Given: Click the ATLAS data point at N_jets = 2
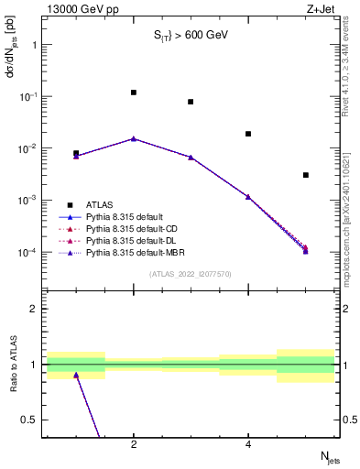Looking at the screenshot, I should pyautogui.click(x=134, y=93).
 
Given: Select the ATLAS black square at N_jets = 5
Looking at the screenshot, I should pyautogui.click(x=306, y=175).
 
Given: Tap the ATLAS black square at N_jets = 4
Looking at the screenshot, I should pyautogui.click(x=248, y=134).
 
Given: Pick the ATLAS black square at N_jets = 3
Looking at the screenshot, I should pyautogui.click(x=191, y=102).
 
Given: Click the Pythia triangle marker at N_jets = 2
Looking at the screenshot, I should pyautogui.click(x=134, y=139).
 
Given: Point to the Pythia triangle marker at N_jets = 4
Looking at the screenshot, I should pyautogui.click(x=248, y=196).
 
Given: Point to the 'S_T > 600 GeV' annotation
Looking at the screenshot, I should pyautogui.click(x=190, y=36).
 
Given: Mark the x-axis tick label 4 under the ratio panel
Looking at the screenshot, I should pyautogui.click(x=248, y=445).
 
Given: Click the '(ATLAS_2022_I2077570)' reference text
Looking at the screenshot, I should pyautogui.click(x=191, y=273).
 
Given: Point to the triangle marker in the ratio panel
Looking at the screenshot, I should pyautogui.click(x=76, y=375).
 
